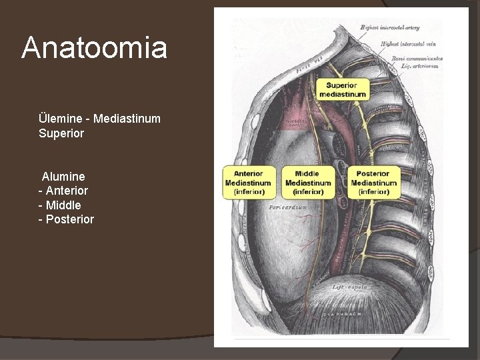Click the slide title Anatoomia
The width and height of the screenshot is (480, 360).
[x=94, y=48]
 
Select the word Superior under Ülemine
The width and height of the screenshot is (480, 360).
[x=61, y=133]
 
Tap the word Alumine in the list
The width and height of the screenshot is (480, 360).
[x=63, y=177]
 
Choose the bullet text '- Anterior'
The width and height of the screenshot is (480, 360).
[x=63, y=191]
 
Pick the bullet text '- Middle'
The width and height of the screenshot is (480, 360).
[x=60, y=205]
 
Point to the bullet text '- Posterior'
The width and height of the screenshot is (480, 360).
[x=66, y=219]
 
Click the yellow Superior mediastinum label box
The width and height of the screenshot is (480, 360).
[x=342, y=89]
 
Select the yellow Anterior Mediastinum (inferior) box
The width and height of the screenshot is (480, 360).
[x=249, y=183]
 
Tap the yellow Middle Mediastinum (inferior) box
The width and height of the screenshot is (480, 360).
[x=308, y=183]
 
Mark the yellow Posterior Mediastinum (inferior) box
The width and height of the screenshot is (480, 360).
[x=373, y=183]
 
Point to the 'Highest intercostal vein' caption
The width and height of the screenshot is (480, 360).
[x=408, y=43]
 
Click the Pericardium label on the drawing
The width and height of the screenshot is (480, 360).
[x=288, y=207]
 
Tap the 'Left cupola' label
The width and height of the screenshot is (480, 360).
[x=351, y=287]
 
